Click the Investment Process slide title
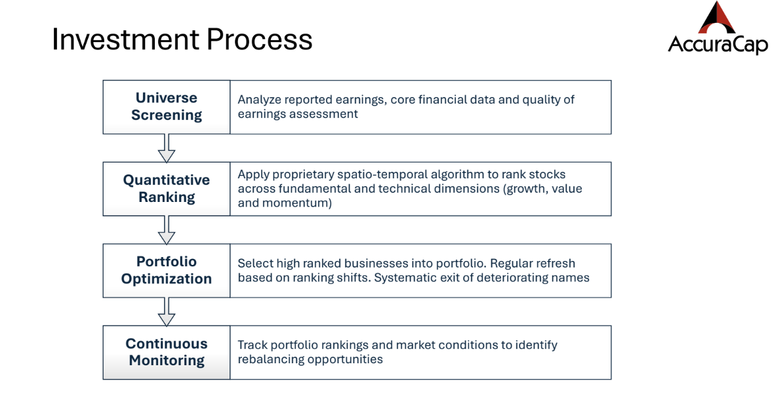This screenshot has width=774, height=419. tap(182, 39)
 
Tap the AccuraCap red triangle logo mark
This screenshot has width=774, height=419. tap(717, 18)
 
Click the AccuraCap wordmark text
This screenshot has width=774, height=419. tap(718, 45)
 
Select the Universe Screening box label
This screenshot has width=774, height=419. tap(167, 107)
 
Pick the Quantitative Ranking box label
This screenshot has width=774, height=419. tap(167, 189)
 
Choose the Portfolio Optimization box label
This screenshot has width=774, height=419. tap(167, 270)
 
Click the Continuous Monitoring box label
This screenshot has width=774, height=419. tap(167, 352)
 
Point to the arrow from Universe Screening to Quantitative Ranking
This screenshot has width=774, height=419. tap(167, 148)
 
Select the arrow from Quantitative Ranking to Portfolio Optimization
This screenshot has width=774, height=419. tap(167, 230)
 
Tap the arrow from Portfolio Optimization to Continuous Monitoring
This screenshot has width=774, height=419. tap(167, 311)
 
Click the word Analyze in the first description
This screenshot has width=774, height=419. tap(259, 100)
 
